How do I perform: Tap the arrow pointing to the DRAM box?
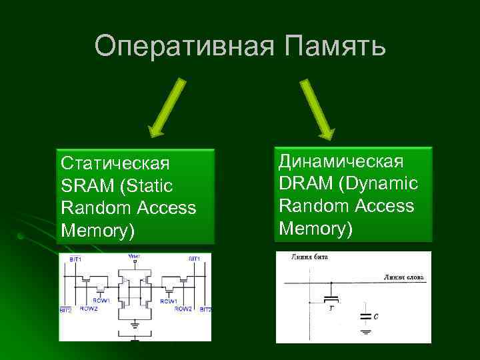tap(317, 107)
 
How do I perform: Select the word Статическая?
tap(115, 163)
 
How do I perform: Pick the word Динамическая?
tap(341, 161)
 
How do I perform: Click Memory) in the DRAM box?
tap(316, 229)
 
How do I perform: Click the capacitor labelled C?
tap(365, 316)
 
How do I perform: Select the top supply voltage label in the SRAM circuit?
tap(135, 257)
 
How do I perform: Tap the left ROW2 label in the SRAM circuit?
tap(89, 309)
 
